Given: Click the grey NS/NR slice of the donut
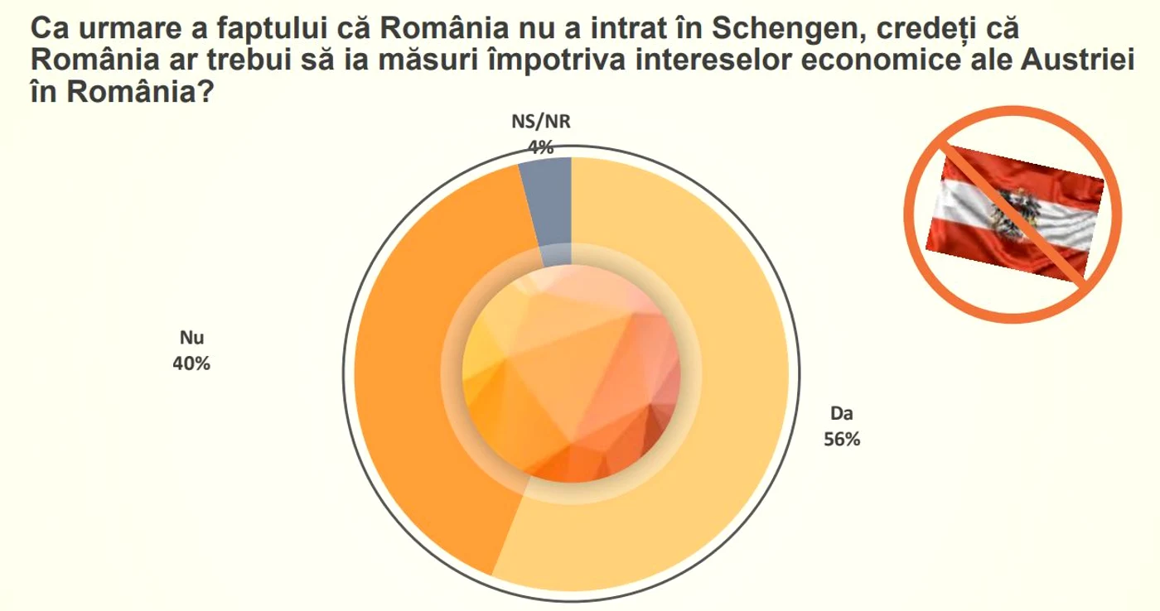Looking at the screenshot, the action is click(549, 207).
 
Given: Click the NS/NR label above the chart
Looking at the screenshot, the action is click(540, 122).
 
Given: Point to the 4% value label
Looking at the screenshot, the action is click(540, 147).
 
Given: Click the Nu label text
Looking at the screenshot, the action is click(191, 338).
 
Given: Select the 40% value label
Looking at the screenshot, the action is click(191, 363).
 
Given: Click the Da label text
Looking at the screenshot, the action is click(842, 413).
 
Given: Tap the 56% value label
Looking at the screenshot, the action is click(842, 440).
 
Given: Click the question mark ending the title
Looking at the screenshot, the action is click(205, 92).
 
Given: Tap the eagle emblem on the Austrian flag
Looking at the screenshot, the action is click(1013, 213).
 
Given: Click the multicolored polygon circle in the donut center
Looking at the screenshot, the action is click(571, 373).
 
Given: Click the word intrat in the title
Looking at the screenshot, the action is click(629, 28).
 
